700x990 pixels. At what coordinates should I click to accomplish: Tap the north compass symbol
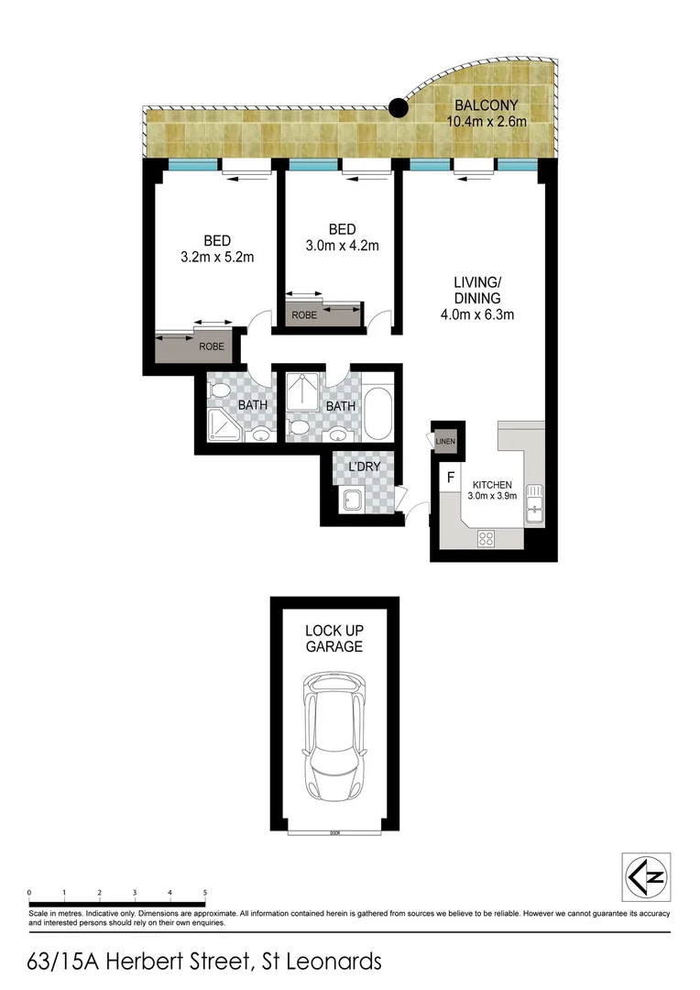pyautogui.click(x=645, y=876)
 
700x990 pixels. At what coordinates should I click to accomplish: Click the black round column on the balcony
pyautogui.click(x=398, y=108)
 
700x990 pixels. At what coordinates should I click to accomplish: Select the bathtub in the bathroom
pyautogui.click(x=377, y=415)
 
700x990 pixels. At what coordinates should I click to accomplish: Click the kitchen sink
pyautogui.click(x=535, y=500)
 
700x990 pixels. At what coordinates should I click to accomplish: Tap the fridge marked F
pyautogui.click(x=450, y=478)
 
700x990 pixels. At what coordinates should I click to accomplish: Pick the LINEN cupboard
pyautogui.click(x=445, y=442)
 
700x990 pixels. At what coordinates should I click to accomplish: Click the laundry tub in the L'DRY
pyautogui.click(x=351, y=500)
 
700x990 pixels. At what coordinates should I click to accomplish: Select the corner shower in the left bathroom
pyautogui.click(x=224, y=424)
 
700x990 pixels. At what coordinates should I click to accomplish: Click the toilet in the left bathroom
pyautogui.click(x=220, y=390)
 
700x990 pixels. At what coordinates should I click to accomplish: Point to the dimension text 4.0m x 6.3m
pyautogui.click(x=476, y=315)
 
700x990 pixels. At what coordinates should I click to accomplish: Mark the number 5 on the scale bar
pyautogui.click(x=204, y=892)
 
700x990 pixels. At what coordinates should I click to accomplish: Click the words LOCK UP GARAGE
pyautogui.click(x=334, y=639)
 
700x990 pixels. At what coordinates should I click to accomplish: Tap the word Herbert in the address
pyautogui.click(x=161, y=962)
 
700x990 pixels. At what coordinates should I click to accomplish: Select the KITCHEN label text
pyautogui.click(x=492, y=485)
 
